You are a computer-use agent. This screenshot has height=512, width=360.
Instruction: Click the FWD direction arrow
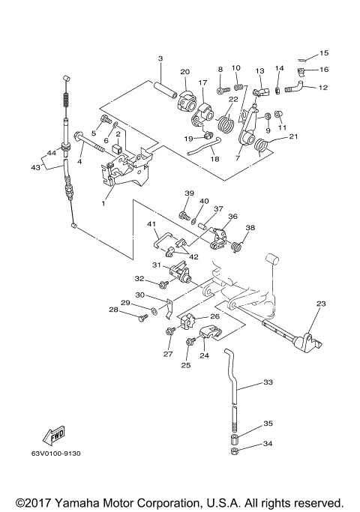pyautogui.click(x=55, y=436)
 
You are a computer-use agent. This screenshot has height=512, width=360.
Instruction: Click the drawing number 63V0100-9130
pyautogui.click(x=55, y=454)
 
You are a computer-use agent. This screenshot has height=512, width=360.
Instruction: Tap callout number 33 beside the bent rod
pyautogui.click(x=268, y=382)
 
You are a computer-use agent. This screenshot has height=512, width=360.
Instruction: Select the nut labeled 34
pyautogui.click(x=234, y=451)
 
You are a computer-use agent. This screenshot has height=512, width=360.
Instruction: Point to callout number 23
pyautogui.click(x=321, y=304)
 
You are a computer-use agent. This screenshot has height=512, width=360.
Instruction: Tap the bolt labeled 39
pyautogui.click(x=184, y=215)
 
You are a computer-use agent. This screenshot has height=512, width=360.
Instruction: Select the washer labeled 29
pyautogui.click(x=154, y=310)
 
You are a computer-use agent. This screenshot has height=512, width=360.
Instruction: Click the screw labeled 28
pyautogui.click(x=142, y=317)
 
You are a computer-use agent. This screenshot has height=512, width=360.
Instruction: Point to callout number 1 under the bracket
pyautogui.click(x=103, y=203)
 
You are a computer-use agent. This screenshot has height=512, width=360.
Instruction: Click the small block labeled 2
pyautogui.click(x=117, y=149)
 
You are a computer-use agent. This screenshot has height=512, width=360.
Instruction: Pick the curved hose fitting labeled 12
pyautogui.click(x=295, y=87)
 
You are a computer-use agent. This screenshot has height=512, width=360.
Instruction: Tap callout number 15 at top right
pyautogui.click(x=324, y=53)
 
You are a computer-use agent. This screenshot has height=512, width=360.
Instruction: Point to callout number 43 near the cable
pyautogui.click(x=35, y=167)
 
